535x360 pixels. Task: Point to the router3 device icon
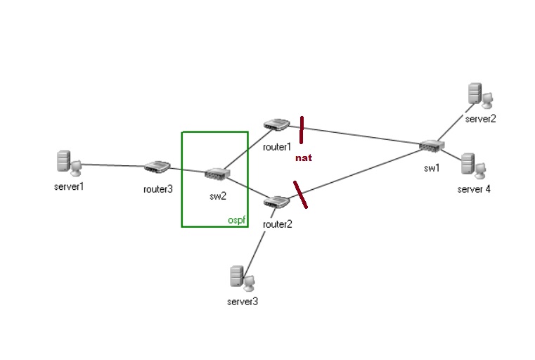click(x=157, y=167)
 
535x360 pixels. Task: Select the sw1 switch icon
click(x=430, y=146)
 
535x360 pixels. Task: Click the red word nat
click(x=303, y=157)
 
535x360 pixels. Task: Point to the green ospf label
click(x=236, y=220)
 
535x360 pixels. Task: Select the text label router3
click(x=157, y=188)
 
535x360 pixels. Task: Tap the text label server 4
click(x=474, y=188)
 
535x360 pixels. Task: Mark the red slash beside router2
click(x=300, y=194)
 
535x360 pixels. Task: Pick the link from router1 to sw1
click(x=359, y=136)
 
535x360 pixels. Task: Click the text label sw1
click(x=431, y=168)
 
